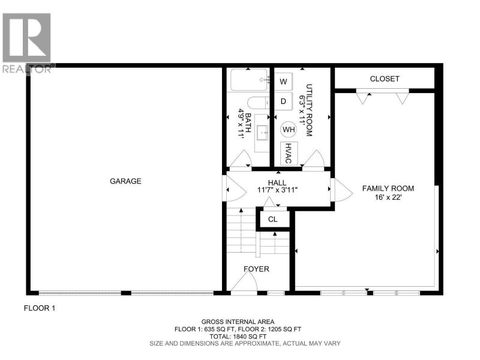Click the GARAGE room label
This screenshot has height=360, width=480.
[125, 181]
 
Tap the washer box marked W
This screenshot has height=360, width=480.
[283, 82]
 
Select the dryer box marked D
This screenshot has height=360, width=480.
[283, 101]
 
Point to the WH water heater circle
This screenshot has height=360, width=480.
[289, 130]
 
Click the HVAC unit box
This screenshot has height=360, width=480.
[289, 154]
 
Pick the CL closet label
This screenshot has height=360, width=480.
[273, 220]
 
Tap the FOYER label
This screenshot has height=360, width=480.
[257, 269]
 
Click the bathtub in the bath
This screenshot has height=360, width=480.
[249, 80]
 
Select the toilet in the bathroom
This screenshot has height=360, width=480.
[258, 103]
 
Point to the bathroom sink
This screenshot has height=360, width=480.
[262, 133]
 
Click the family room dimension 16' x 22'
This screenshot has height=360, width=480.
[388, 197]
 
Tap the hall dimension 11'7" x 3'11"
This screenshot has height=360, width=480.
[277, 190]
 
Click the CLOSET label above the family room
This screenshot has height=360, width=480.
[385, 79]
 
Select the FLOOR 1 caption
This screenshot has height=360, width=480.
[40, 308]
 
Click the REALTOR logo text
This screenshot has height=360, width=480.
[27, 69]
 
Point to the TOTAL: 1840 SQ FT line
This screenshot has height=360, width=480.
[238, 337]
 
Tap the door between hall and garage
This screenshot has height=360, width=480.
[235, 190]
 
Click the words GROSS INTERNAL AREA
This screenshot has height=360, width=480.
[238, 322]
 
